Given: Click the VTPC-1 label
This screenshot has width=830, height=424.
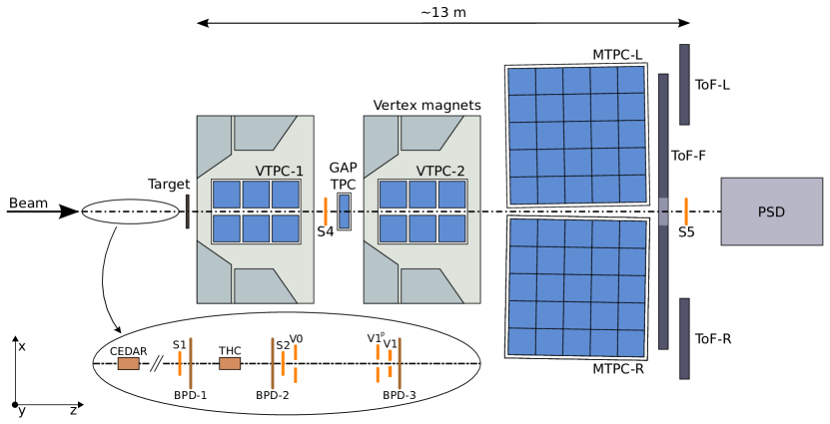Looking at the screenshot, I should click(x=279, y=172).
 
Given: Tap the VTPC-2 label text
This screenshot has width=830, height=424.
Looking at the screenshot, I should click(x=440, y=172).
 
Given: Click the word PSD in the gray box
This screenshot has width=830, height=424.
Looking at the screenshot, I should click(x=771, y=212).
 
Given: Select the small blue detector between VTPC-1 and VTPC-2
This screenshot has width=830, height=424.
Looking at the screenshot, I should click(x=344, y=212).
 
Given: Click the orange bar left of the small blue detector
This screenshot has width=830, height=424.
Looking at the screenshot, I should click(x=326, y=212).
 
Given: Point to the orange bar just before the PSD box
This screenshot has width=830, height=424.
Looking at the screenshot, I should click(x=686, y=212).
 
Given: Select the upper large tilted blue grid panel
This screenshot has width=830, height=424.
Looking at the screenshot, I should click(x=576, y=135).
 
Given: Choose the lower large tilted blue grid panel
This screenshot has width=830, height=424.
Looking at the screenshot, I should click(x=577, y=287).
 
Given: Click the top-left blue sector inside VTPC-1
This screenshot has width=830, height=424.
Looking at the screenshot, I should click(x=226, y=195).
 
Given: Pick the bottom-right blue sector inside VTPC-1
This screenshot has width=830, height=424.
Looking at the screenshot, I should click(x=286, y=228).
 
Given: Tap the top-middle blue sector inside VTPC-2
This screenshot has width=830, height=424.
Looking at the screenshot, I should click(x=422, y=195).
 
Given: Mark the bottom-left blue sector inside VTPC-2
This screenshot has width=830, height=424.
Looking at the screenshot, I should click(x=393, y=228).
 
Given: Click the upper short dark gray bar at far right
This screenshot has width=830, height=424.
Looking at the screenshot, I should click(x=684, y=84).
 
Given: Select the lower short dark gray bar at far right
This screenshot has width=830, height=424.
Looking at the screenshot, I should click(x=684, y=338).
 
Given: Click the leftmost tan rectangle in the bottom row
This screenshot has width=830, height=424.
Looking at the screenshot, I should click(x=128, y=363).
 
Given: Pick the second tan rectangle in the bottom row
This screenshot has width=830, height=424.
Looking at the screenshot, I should click(x=230, y=363).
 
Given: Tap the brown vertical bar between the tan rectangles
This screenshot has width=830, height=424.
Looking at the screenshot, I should click(x=191, y=363).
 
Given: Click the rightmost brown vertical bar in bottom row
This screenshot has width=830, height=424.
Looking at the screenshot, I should click(x=400, y=363).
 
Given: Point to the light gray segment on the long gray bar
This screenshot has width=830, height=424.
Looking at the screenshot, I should click(x=663, y=212).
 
